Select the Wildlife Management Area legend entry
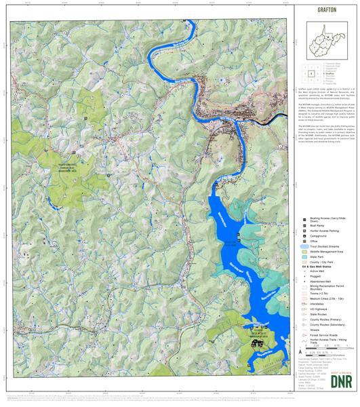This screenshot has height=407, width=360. pyautogui.click(x=324, y=251)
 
